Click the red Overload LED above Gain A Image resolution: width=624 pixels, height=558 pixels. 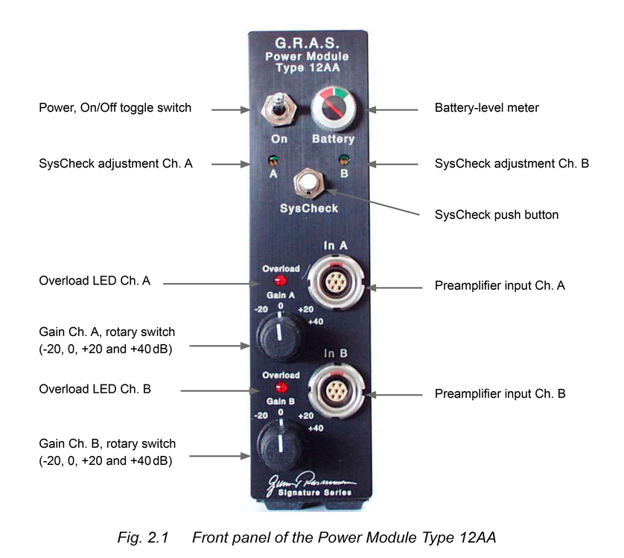(x=281, y=281)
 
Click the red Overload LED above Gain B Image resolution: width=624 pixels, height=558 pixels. (x=281, y=388)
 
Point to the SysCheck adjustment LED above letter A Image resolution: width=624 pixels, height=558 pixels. (x=273, y=159)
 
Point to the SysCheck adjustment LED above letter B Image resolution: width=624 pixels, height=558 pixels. (x=343, y=159)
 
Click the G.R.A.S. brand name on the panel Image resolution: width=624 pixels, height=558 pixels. (x=308, y=42)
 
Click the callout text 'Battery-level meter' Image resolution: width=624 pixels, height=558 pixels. (x=486, y=108)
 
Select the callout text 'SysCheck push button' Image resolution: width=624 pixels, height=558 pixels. (x=496, y=215)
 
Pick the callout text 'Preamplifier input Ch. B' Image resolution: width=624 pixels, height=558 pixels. (x=500, y=393)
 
